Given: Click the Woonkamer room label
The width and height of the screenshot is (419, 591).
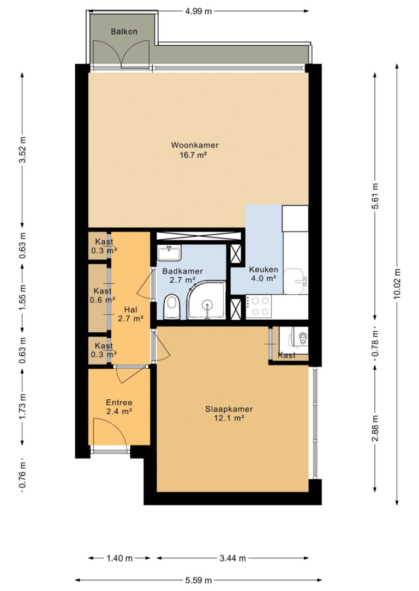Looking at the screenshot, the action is click(x=195, y=145).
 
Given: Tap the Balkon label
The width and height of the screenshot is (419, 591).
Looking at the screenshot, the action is click(x=124, y=32).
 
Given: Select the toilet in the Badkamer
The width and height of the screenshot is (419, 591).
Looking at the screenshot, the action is click(x=171, y=307).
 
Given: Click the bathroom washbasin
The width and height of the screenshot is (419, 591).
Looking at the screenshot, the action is click(x=170, y=252).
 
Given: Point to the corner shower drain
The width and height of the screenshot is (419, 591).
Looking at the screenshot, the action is click(x=207, y=304).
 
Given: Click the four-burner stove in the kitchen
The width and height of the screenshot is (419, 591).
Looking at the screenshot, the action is click(x=259, y=306).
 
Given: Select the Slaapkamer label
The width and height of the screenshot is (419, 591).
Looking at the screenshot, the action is click(x=229, y=409).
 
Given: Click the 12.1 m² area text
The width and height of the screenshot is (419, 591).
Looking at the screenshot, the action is click(x=229, y=418).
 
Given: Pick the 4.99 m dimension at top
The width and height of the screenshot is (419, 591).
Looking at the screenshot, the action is click(x=199, y=11).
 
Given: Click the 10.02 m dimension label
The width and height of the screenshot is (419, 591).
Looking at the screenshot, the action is click(x=397, y=284).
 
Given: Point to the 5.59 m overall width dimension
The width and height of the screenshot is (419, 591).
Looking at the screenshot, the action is click(x=199, y=580).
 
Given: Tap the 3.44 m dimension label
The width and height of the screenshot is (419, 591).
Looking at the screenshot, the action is click(x=232, y=558).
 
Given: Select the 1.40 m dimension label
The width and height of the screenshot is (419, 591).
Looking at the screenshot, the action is click(x=119, y=558).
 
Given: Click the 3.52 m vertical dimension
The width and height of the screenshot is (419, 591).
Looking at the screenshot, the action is click(x=23, y=150).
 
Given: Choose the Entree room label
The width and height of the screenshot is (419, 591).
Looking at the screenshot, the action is click(x=119, y=403).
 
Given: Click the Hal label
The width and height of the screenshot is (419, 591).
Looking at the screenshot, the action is click(x=130, y=309).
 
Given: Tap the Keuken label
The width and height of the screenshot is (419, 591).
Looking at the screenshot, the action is click(x=264, y=270).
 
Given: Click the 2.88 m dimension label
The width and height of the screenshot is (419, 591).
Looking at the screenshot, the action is click(x=375, y=429).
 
